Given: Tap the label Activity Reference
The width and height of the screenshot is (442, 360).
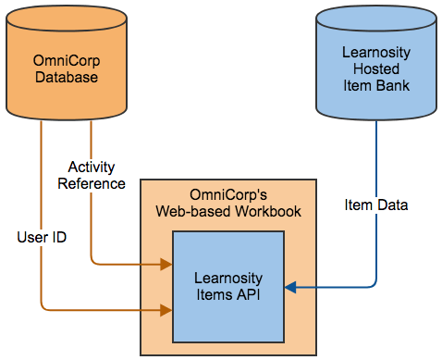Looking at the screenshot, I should [x=92, y=175].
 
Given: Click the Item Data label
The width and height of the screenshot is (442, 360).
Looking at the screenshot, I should [x=374, y=204].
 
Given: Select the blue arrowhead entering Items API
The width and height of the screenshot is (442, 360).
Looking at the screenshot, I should [x=289, y=288].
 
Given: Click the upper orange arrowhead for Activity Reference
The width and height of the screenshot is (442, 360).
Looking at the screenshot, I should [x=167, y=265].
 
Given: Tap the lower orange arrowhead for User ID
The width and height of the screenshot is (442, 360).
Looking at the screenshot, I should [x=167, y=310].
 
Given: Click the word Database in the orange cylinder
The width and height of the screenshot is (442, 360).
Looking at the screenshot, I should [x=67, y=77].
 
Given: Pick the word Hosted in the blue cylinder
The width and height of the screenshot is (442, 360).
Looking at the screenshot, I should [x=374, y=70].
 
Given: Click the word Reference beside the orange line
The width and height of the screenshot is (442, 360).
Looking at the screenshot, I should [x=92, y=183].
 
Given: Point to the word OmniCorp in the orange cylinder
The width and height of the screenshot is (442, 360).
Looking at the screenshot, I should [x=67, y=62].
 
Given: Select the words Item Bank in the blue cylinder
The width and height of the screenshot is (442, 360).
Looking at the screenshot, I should [x=374, y=86].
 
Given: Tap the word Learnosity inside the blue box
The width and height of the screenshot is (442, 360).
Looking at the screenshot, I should [x=227, y=278].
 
